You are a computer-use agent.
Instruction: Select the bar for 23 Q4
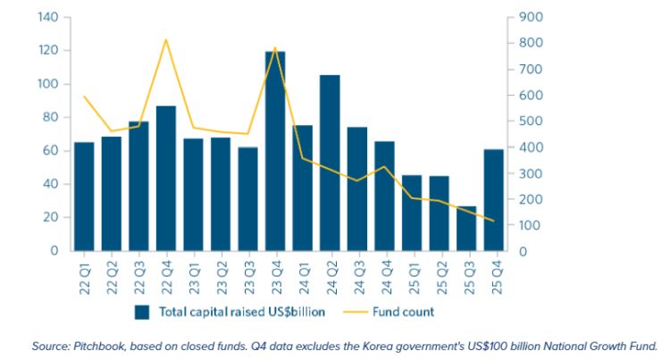(x=275, y=152)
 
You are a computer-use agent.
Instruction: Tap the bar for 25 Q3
(x=466, y=229)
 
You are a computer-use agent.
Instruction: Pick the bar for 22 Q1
(x=84, y=197)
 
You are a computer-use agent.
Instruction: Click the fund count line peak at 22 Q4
(x=166, y=39)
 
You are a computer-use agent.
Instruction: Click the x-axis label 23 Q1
(x=194, y=273)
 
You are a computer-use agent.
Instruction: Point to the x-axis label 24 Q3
(x=357, y=273)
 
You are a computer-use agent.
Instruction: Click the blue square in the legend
(x=141, y=312)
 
